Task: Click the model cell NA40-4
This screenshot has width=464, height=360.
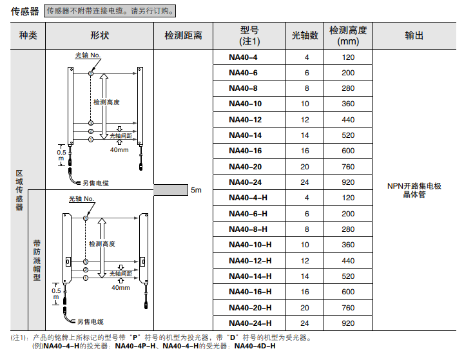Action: [243, 57]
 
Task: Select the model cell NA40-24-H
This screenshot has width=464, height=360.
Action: [250, 323]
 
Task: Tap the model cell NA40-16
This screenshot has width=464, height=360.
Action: [245, 151]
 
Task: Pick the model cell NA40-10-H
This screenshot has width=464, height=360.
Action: [250, 245]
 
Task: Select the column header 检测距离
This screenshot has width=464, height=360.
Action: [183, 35]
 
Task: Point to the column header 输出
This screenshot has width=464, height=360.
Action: [414, 35]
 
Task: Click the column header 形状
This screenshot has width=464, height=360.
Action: [100, 35]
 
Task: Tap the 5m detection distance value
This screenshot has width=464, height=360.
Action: [196, 190]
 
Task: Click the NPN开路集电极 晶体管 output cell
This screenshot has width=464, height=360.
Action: [414, 190]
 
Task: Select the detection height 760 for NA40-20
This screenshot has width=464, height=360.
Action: [348, 166]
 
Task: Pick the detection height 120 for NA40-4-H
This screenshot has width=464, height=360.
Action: [348, 198]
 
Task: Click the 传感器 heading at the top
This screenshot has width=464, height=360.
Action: [24, 11]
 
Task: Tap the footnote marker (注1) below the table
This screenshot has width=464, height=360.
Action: [19, 337]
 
